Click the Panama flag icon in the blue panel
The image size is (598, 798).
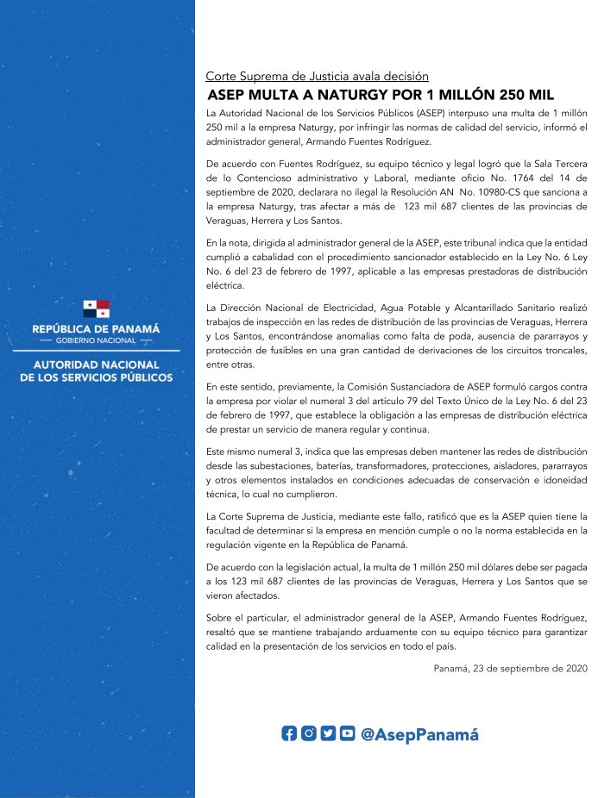pos(97,309)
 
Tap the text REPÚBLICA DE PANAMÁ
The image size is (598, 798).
pos(97,329)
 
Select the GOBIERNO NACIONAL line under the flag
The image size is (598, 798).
pos(97,341)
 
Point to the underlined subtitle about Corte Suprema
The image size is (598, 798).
pos(317,76)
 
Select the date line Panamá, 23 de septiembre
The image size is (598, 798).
pos(510,644)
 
